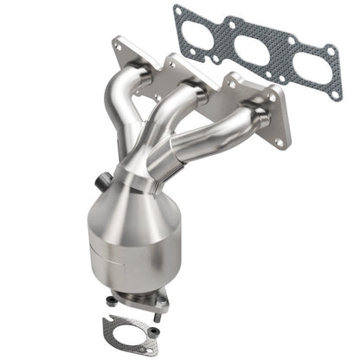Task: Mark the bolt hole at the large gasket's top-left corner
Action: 179,11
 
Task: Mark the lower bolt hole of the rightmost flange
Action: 280,139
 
